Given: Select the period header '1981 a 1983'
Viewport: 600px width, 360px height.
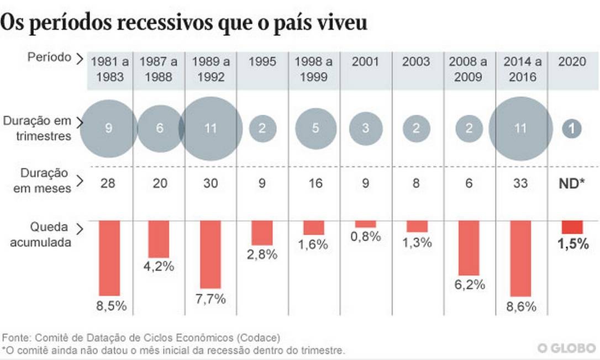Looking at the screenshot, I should (x=109, y=69).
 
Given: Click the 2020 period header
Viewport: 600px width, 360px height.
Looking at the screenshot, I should (x=572, y=61).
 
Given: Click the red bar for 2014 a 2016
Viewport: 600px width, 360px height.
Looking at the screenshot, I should (x=520, y=258).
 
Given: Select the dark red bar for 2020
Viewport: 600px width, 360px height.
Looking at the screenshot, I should (x=572, y=227).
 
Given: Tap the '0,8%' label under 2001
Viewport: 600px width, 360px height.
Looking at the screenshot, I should (x=366, y=237).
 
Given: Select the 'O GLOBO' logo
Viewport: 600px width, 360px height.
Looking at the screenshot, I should (x=565, y=348).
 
